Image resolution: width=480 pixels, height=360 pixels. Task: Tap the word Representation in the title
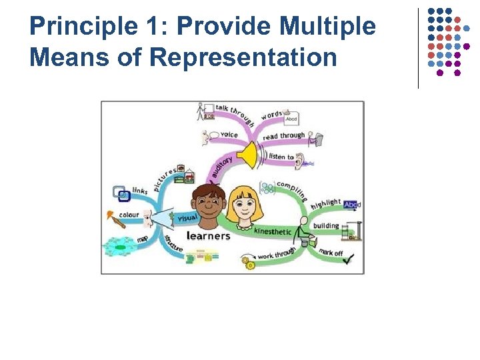click(x=243, y=57)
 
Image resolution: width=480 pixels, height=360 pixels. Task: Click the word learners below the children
click(x=208, y=235)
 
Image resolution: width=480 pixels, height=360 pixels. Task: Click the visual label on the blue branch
click(x=187, y=218)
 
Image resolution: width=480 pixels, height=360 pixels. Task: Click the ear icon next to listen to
click(x=300, y=159)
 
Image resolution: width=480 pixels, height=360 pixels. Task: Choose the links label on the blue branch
click(x=140, y=191)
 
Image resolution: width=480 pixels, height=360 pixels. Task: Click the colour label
click(x=129, y=215)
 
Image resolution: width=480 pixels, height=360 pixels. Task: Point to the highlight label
click(x=325, y=203)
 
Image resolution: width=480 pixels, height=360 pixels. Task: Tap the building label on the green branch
click(x=326, y=226)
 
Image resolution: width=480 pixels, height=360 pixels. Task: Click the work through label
click(x=276, y=254)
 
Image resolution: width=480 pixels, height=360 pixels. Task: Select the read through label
click(x=283, y=136)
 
